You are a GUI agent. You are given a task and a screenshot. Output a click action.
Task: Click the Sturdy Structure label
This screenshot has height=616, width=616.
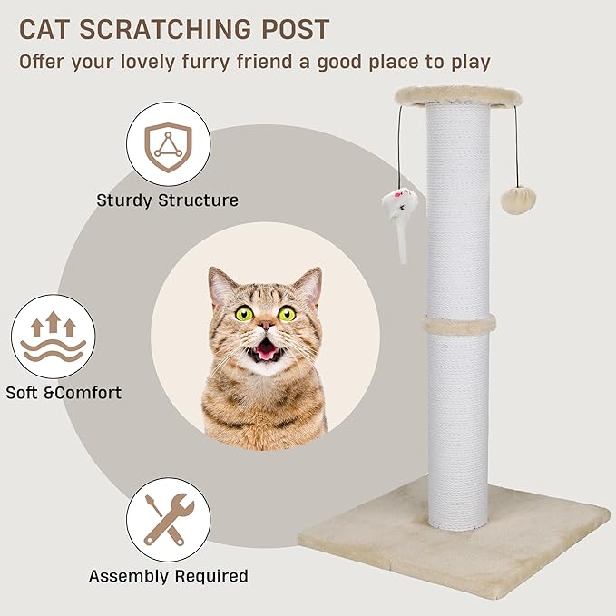(x=168, y=200)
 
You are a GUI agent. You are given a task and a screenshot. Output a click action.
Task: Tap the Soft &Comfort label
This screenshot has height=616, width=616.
(x=64, y=393)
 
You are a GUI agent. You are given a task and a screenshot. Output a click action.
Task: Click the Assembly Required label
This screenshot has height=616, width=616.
(x=168, y=575)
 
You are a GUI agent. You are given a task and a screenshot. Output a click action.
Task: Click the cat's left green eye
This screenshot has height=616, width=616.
(x=243, y=314)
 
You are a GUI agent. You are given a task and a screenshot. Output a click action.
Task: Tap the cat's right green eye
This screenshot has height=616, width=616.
(x=287, y=314)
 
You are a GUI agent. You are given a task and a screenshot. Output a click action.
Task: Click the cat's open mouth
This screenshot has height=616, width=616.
(x=266, y=348)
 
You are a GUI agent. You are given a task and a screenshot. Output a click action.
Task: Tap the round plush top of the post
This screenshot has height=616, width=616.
(x=458, y=93)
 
